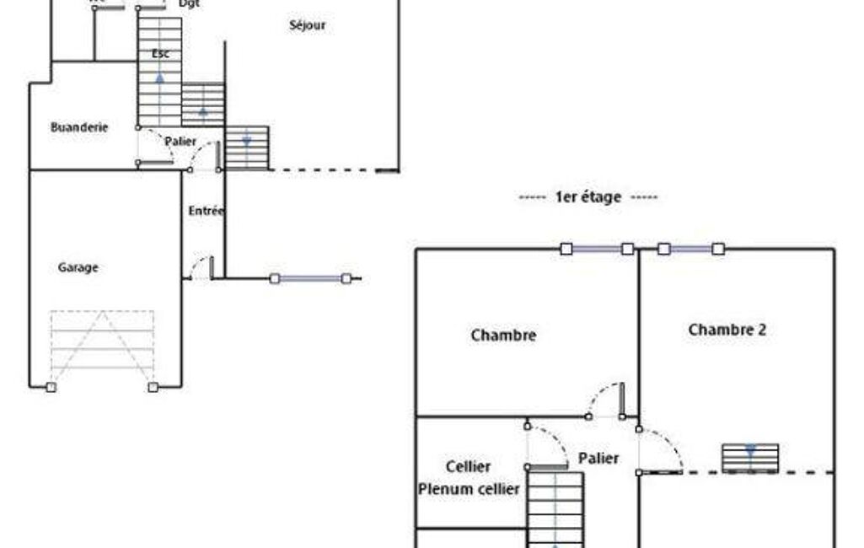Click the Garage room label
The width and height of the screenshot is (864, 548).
point(78,268)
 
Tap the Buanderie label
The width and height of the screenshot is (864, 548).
point(79,127)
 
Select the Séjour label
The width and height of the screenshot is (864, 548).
point(308,25)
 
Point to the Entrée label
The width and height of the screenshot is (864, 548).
point(206,211)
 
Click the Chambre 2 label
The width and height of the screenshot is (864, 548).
point(727,330)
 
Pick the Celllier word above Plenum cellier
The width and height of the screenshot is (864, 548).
point(468,467)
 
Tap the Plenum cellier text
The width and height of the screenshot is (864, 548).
point(469,489)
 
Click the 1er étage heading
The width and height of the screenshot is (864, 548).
point(588,197)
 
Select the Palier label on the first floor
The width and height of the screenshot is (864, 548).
point(598,459)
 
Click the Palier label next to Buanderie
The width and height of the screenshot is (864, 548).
point(181,142)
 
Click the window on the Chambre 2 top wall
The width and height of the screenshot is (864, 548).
point(690,249)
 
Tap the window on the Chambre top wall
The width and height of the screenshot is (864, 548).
point(597,249)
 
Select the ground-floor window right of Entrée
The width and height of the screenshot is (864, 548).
point(310,278)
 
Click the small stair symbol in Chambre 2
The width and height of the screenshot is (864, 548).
point(750,458)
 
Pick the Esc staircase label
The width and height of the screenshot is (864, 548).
point(160,54)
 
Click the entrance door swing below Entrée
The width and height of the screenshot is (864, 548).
point(202,267)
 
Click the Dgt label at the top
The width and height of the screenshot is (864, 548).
point(190,3)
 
